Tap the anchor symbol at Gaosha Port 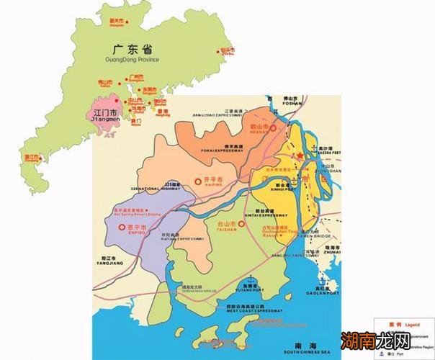(x=315, y=151)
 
